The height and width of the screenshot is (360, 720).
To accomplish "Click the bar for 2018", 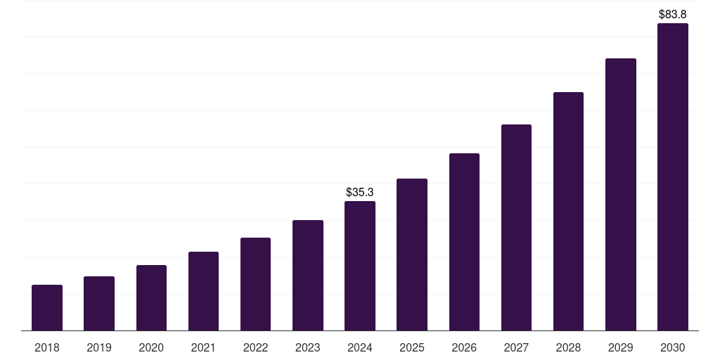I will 47,308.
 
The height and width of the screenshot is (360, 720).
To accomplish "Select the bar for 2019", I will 99,304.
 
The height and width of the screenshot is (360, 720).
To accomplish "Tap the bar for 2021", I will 203,291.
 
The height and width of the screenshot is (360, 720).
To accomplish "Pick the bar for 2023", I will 308,276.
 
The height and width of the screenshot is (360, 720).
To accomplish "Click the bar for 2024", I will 360,266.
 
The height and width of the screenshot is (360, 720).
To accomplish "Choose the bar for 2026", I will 464,242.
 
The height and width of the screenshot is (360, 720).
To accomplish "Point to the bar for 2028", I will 568,211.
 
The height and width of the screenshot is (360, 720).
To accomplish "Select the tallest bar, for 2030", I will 673,177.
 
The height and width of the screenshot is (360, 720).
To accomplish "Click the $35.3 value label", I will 360,192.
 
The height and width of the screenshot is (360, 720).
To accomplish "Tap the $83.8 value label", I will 673,14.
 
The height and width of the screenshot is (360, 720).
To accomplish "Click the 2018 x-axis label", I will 47,347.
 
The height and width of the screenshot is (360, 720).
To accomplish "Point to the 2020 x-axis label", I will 151,347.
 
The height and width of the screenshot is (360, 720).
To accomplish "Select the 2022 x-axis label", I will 255,347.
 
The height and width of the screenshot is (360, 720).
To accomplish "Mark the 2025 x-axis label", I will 412,347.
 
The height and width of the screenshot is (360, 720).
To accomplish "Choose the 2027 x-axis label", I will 516,347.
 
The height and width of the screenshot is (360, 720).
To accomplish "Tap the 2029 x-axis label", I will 621,347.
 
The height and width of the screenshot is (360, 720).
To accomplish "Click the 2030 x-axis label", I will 673,347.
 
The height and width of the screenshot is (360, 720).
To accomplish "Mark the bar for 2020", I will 151,298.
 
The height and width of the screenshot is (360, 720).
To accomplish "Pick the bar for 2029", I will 621,194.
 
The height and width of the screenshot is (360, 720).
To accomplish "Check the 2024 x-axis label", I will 360,347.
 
